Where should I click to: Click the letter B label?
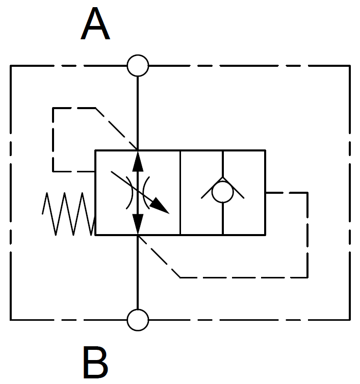(x=95, y=363)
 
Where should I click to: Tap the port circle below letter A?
(x=138, y=66)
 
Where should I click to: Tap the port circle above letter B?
(x=138, y=320)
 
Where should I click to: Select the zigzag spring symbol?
(x=68, y=214)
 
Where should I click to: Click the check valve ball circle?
(x=222, y=193)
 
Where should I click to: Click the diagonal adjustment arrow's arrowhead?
(x=162, y=206)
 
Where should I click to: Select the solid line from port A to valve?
(x=138, y=112)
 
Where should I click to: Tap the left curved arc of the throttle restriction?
(x=130, y=193)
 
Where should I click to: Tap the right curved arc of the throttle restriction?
(x=146, y=193)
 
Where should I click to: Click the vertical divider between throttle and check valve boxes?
(x=181, y=193)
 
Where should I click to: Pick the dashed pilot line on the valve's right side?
(x=307, y=235)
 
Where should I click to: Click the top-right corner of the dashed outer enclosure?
(x=349, y=66)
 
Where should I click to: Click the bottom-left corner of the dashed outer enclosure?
(x=11, y=320)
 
